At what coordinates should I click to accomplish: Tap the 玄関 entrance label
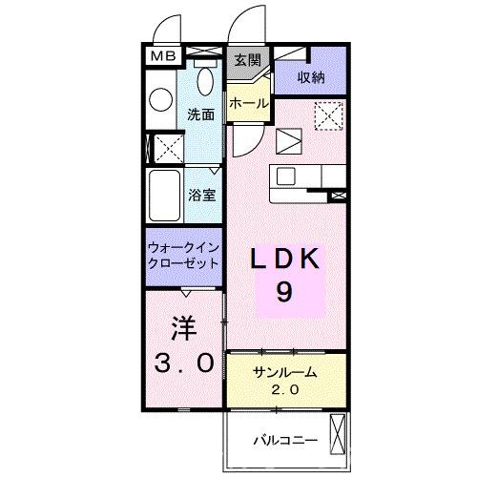[x=247, y=59]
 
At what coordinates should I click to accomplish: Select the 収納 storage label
[x=310, y=77]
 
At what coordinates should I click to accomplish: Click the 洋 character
[x=184, y=329]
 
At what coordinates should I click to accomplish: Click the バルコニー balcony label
[x=282, y=440]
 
